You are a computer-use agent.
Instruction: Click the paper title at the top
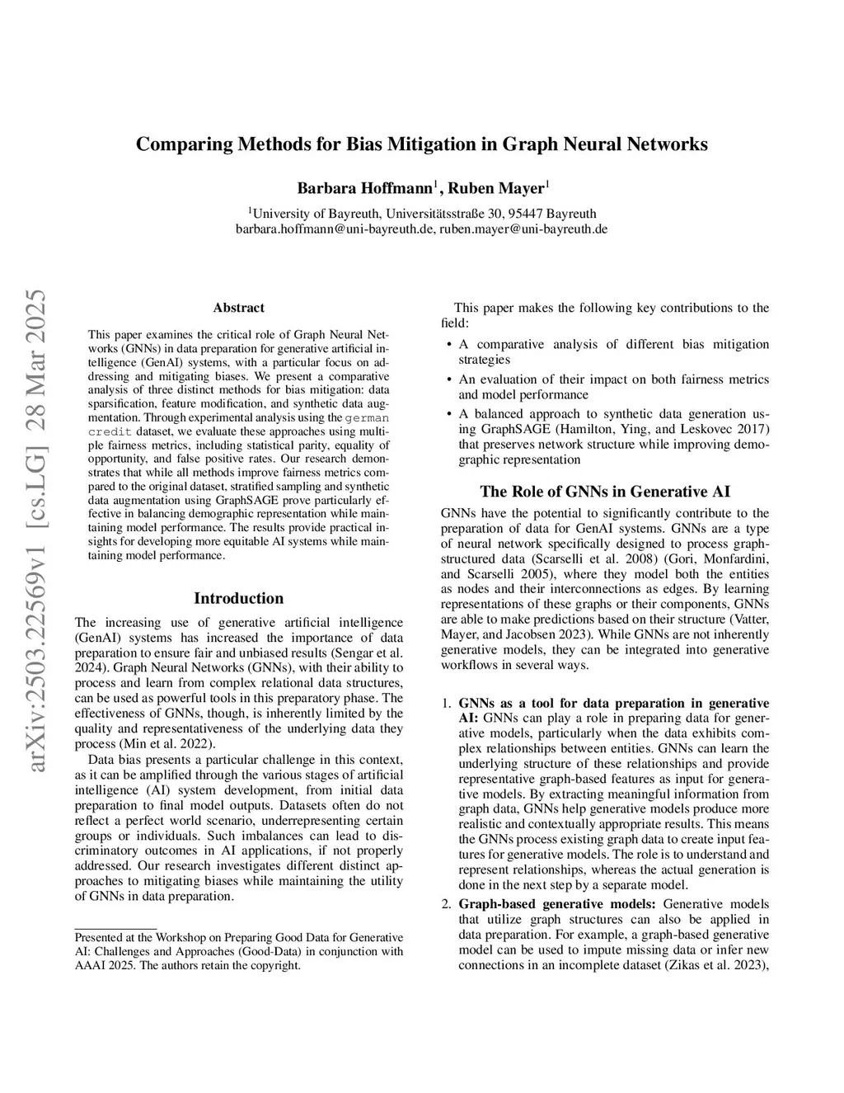pos(421,144)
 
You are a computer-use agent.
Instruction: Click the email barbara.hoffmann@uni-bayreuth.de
pos(335,228)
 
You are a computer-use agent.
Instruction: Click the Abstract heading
pos(238,308)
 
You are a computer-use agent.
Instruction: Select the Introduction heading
pos(238,598)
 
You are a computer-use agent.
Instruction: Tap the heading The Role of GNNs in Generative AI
pos(605,492)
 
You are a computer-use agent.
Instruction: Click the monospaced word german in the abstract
pos(367,418)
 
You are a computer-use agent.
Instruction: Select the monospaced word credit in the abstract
pos(110,431)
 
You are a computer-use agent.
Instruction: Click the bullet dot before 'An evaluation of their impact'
pos(448,379)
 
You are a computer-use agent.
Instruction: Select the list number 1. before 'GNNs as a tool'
pos(446,704)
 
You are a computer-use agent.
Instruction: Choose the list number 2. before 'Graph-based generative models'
pos(446,904)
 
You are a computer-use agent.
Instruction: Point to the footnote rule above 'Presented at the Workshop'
pos(115,928)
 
